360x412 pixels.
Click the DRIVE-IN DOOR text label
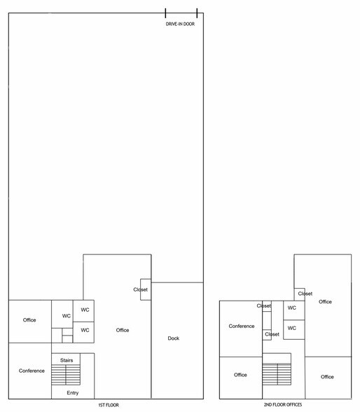[x=180, y=24]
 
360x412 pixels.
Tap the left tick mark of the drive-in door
[x=165, y=13]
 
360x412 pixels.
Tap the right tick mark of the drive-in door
[x=197, y=13]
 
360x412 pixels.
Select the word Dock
[x=173, y=338]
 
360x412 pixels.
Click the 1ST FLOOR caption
[x=109, y=405]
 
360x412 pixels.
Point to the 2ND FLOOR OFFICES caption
[x=283, y=405]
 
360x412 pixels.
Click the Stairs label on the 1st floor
[x=67, y=360]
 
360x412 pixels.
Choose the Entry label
[x=72, y=393]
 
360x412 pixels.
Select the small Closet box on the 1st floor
[x=146, y=289]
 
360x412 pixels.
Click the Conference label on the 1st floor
[x=32, y=371]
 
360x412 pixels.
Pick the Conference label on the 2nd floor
[x=242, y=326]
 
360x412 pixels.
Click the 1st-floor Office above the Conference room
[x=29, y=320]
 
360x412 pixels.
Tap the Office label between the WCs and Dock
[x=123, y=330]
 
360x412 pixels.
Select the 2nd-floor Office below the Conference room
[x=240, y=375]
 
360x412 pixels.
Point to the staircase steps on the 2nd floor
[x=277, y=374]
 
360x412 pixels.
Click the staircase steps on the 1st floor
[x=66, y=375]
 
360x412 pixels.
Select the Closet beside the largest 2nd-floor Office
[x=300, y=294]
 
